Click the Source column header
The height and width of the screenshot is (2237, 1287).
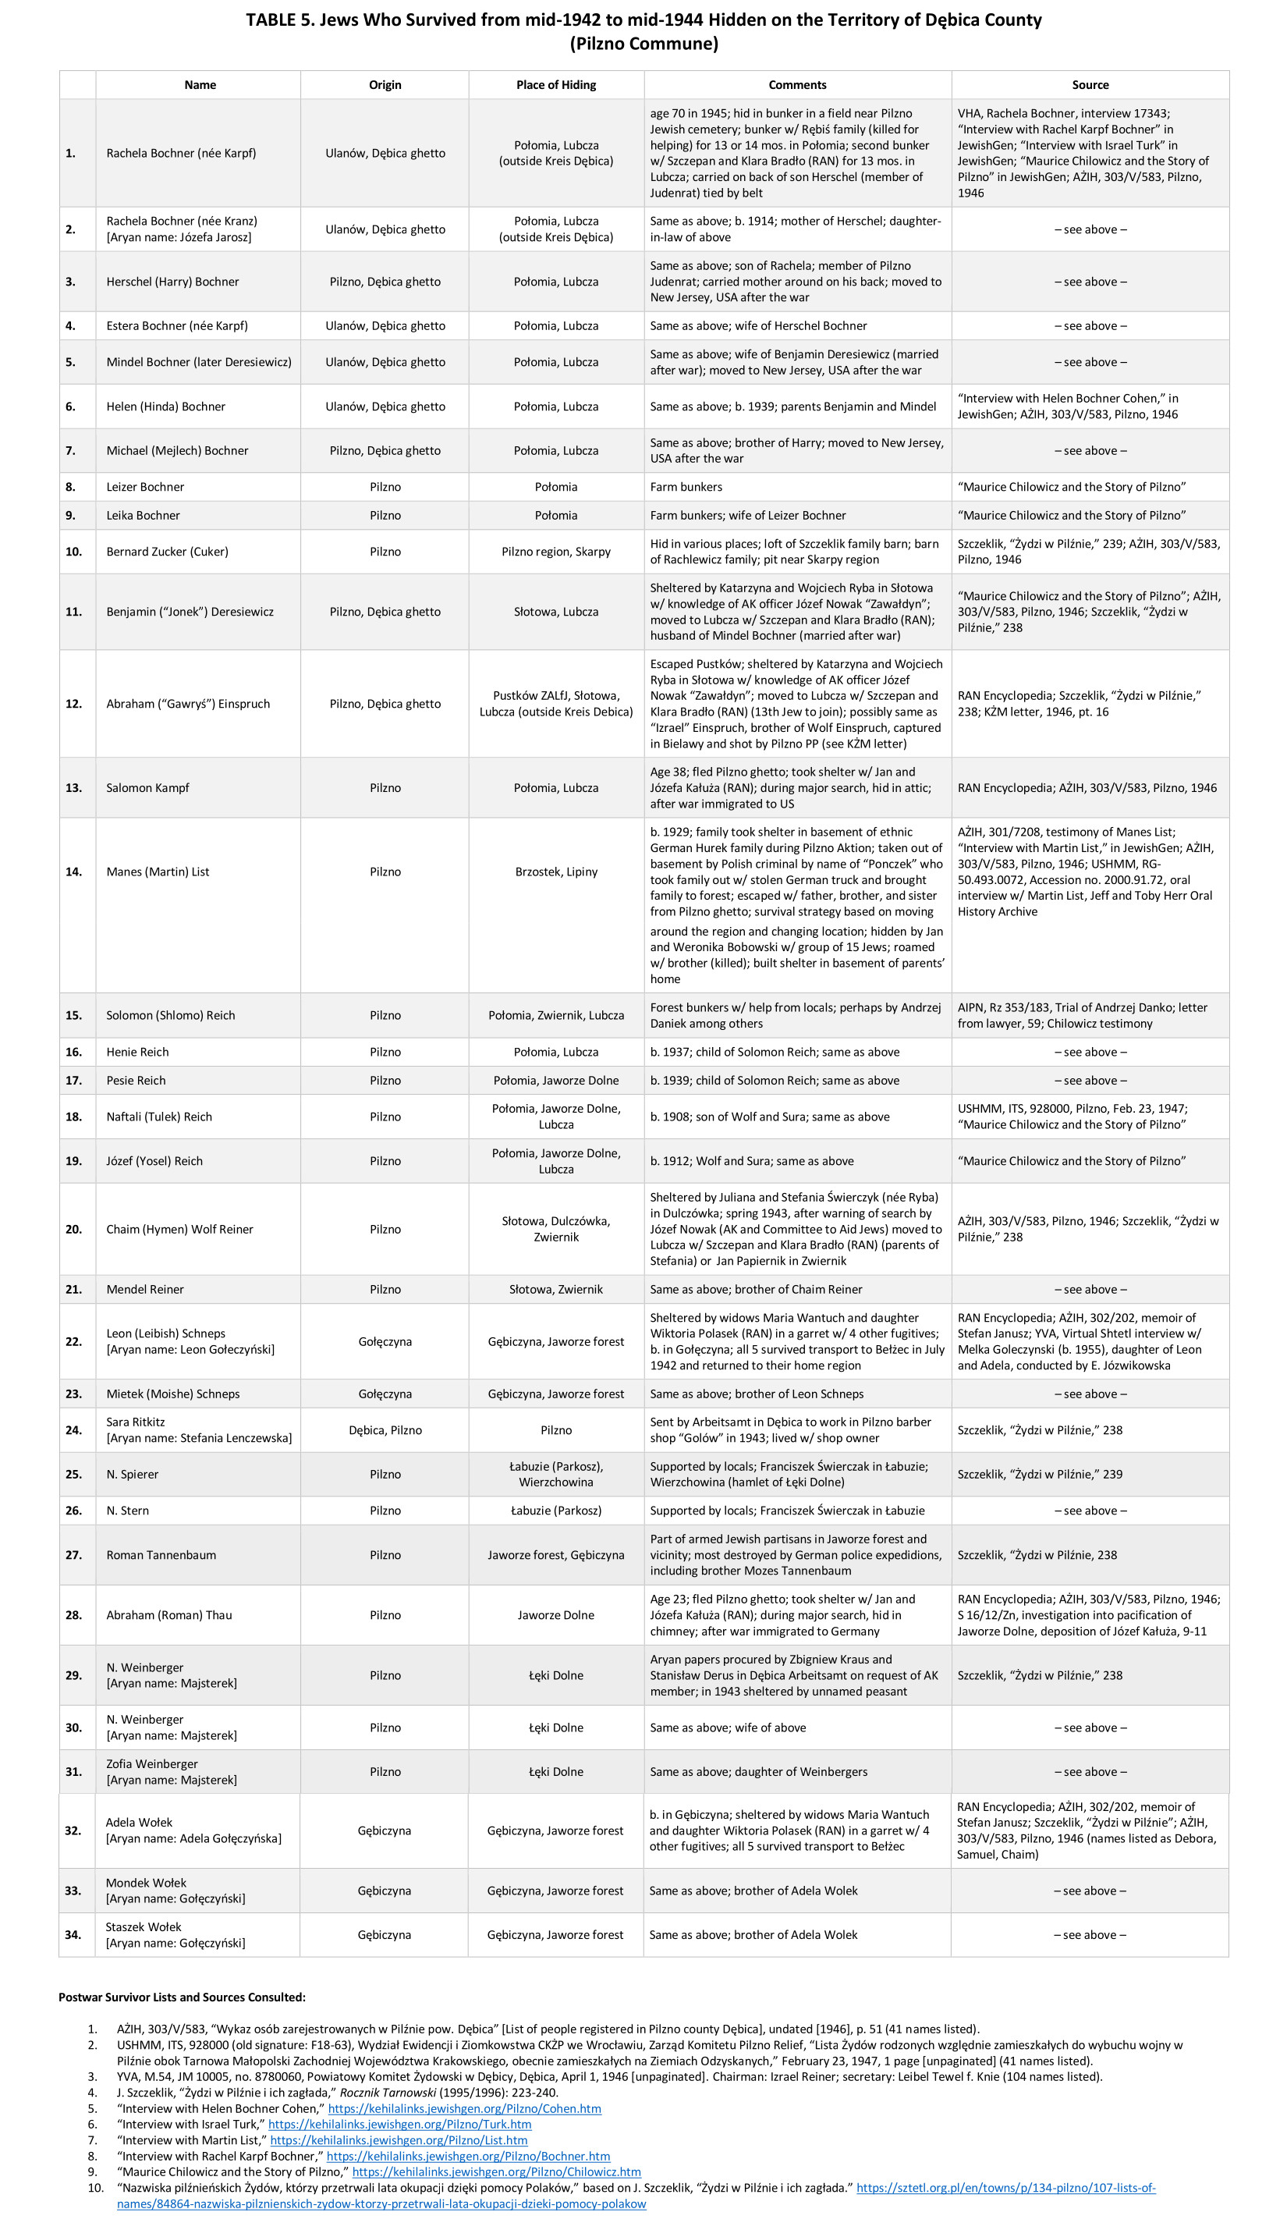click(x=1090, y=85)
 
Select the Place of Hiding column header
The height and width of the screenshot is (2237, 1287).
click(x=556, y=85)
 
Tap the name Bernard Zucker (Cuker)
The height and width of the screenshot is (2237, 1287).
click(x=167, y=552)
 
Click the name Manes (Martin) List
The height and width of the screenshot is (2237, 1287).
click(x=158, y=872)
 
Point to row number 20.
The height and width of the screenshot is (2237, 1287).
click(x=73, y=1229)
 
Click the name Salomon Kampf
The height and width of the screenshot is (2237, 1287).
click(x=147, y=788)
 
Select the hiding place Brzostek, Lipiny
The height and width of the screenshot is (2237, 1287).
click(x=556, y=872)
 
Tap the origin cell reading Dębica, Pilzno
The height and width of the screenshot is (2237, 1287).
click(x=385, y=1429)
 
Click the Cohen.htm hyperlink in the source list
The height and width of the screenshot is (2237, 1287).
click(x=464, y=2109)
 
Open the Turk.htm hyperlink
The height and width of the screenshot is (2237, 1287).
click(x=399, y=2124)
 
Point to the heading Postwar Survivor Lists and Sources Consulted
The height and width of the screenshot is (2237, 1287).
click(x=182, y=1997)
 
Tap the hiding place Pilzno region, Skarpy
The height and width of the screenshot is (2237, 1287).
click(x=556, y=552)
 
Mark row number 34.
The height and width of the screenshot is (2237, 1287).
click(x=73, y=1934)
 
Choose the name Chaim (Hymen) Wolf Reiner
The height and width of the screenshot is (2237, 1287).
click(x=179, y=1229)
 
